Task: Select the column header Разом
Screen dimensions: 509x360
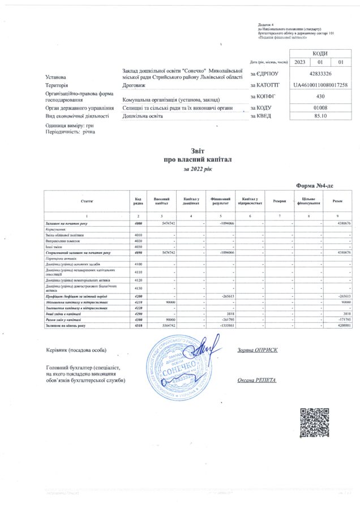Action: [x=337, y=201]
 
